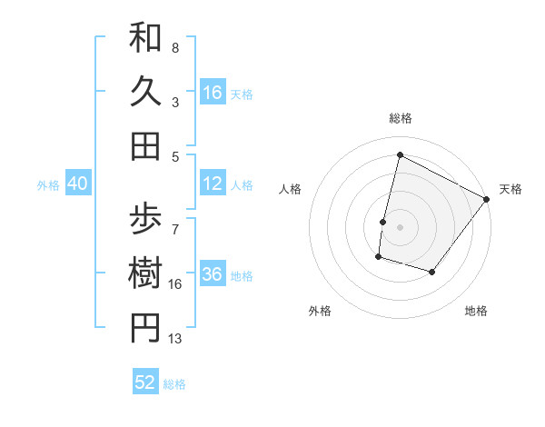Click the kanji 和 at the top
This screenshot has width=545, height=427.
click(x=145, y=39)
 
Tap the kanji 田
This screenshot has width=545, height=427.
click(x=145, y=144)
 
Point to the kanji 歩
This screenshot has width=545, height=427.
click(x=145, y=221)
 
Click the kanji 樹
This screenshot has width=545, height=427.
click(x=145, y=273)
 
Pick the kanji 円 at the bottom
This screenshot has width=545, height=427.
click(x=145, y=328)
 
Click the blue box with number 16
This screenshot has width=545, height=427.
click(x=213, y=92)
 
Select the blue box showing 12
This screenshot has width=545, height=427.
click(x=213, y=184)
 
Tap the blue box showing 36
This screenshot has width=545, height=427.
click(x=213, y=275)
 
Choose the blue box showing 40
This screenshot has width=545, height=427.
click(x=77, y=184)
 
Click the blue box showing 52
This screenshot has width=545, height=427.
click(x=145, y=382)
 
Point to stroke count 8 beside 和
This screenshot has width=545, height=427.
click(x=175, y=47)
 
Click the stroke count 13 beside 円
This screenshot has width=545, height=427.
click(x=175, y=339)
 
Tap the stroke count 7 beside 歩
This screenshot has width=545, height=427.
click(x=175, y=221)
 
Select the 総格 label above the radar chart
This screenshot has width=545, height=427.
click(x=400, y=118)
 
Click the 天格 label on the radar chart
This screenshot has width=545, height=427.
click(x=510, y=189)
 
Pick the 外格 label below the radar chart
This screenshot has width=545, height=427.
click(x=320, y=311)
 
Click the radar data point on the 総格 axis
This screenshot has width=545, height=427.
click(x=400, y=155)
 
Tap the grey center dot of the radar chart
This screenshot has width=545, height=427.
click(x=400, y=227)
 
